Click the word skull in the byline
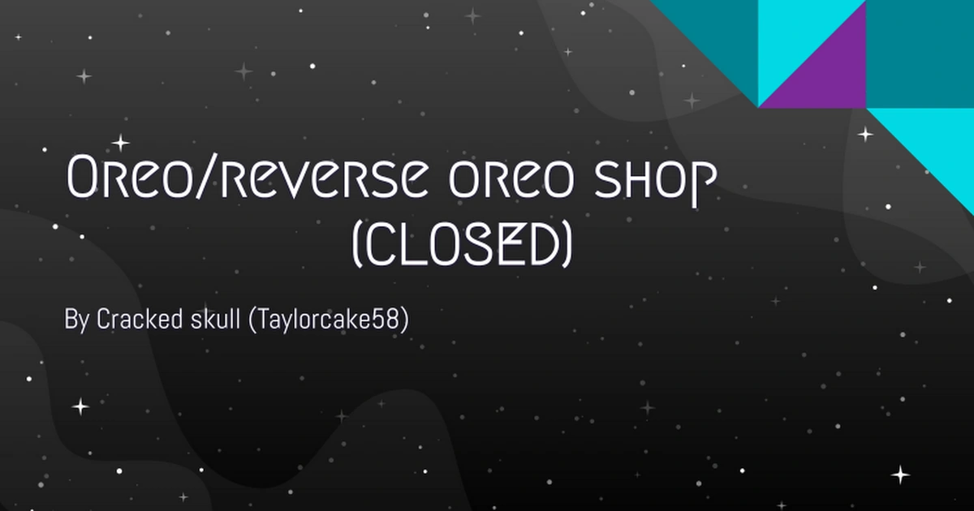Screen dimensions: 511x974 point(211,319)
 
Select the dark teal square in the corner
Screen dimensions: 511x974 point(920,54)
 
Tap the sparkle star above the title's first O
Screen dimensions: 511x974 point(120,144)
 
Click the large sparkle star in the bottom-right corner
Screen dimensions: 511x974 point(900,474)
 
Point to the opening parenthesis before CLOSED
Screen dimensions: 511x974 point(356,247)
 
